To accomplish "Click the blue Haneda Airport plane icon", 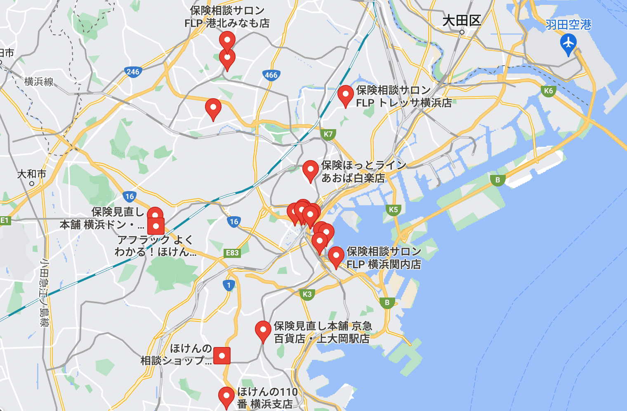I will (x=568, y=43).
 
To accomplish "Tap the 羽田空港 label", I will (x=568, y=25).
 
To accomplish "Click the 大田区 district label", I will (x=462, y=21).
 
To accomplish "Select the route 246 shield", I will (x=133, y=72).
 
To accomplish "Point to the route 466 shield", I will (x=271, y=75).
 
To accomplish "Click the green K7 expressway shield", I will (x=328, y=134).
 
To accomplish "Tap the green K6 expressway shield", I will (x=548, y=91).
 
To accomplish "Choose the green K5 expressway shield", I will (x=393, y=210).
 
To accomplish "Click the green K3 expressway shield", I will (x=307, y=294).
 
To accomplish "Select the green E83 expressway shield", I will (x=232, y=253).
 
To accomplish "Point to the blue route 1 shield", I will (x=229, y=285).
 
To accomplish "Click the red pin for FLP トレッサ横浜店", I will (x=345, y=95).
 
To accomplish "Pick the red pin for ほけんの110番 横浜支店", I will (x=226, y=397).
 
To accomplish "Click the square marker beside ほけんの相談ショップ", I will (x=222, y=356).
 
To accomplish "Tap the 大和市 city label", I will (x=31, y=174).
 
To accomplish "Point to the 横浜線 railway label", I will (x=39, y=82).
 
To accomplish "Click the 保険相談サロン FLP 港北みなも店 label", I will (x=227, y=17).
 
